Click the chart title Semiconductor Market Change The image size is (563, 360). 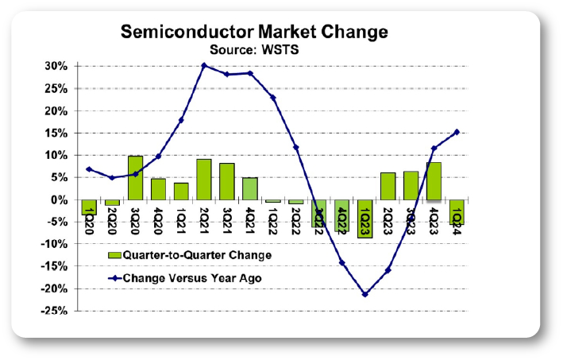tap(254, 33)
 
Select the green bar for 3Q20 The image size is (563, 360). tap(135, 178)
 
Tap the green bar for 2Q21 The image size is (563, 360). tap(204, 180)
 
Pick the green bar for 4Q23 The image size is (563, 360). tap(434, 181)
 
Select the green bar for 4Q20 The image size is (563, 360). tap(158, 189)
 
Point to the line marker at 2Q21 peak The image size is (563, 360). tap(204, 65)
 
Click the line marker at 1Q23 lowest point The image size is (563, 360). tap(365, 294)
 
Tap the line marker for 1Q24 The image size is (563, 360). tap(457, 132)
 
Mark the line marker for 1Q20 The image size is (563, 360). tap(89, 169)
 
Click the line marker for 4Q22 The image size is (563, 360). tap(342, 262)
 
